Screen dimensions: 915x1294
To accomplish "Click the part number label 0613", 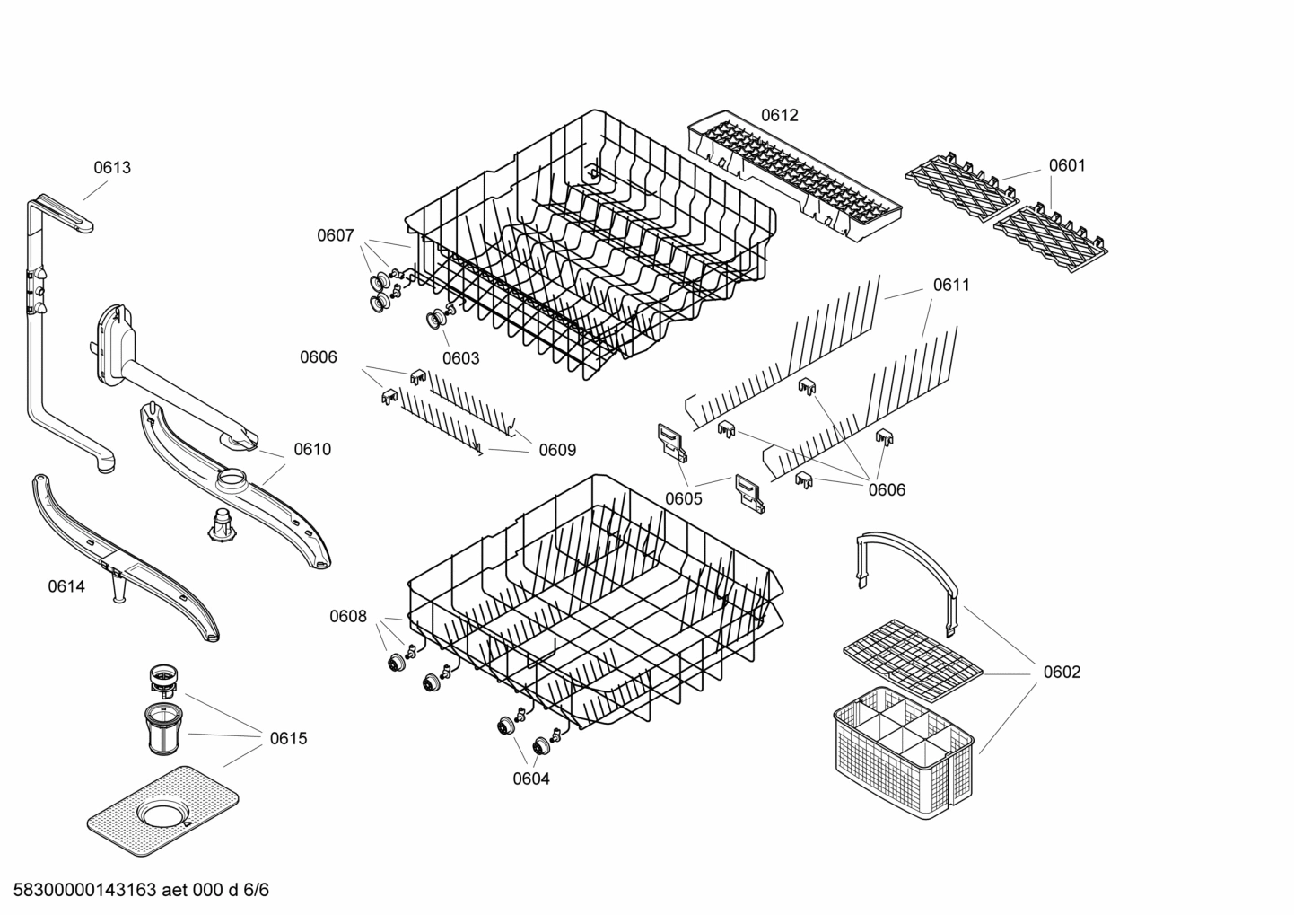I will tap(112, 167).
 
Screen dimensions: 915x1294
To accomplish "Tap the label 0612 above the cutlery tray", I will tap(779, 115).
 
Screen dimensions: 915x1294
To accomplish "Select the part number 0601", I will tap(1067, 165).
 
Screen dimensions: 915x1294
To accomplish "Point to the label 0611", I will tap(951, 285).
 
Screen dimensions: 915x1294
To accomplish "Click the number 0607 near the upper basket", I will tap(335, 235).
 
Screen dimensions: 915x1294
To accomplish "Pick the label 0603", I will tap(460, 358).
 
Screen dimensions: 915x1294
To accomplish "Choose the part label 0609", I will tap(557, 450).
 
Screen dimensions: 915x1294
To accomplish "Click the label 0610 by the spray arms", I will tap(312, 449).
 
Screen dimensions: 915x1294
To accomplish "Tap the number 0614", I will tap(66, 586).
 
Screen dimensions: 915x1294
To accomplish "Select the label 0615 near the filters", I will tap(288, 738).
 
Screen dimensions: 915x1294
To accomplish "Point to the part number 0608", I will tap(348, 616).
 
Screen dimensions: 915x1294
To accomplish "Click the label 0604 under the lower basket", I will tap(531, 779).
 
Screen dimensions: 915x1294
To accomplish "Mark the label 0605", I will tap(684, 498).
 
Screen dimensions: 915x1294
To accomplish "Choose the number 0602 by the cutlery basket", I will tap(1062, 672).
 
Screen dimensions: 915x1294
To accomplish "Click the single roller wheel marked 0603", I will tap(439, 317).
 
